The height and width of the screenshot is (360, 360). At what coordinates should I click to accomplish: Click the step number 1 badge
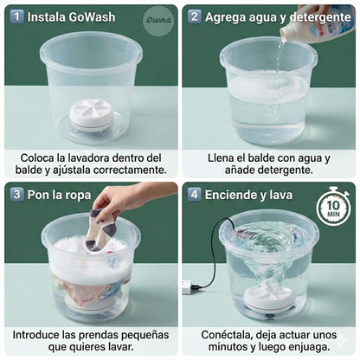click(16, 16)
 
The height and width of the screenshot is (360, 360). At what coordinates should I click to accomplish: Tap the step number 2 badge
click(195, 16)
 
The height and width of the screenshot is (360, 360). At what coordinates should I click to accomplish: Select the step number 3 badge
click(16, 194)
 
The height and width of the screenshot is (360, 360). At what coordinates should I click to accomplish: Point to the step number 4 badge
click(195, 194)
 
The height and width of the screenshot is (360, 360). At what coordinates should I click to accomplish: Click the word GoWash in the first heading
click(93, 16)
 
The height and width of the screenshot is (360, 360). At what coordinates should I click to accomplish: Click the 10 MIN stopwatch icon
click(333, 208)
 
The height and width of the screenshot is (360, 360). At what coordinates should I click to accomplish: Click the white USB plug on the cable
click(187, 286)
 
